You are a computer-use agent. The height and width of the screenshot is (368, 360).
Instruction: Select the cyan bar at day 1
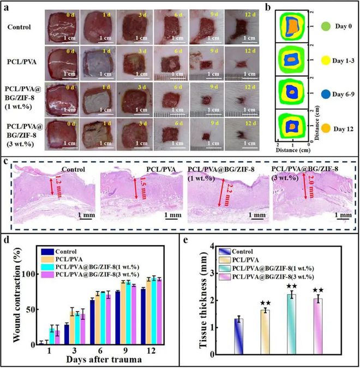[x=52, y=337]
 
